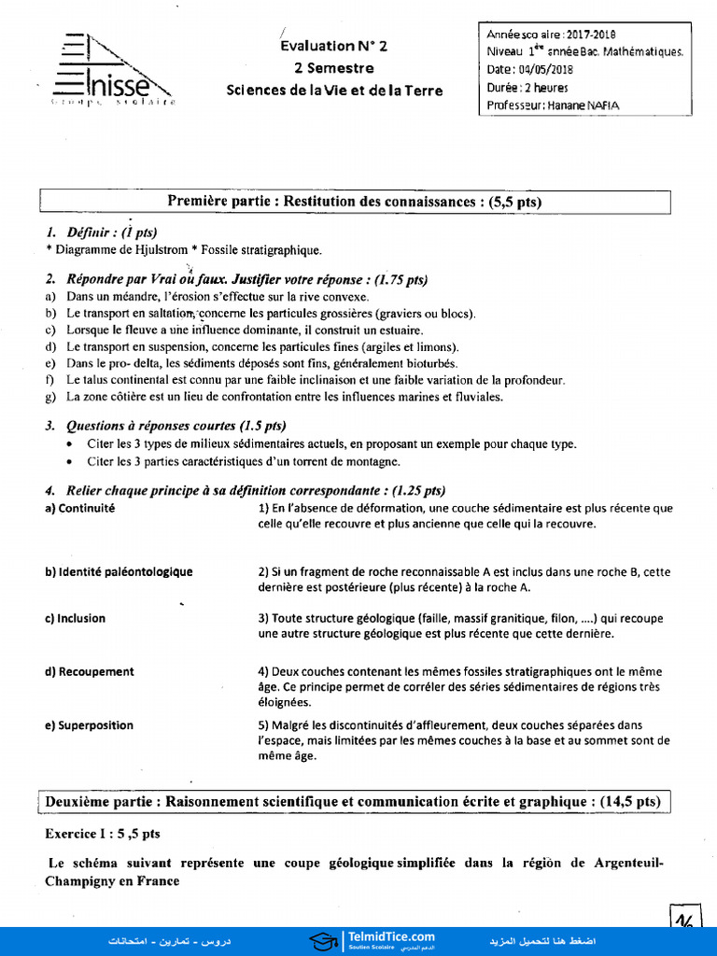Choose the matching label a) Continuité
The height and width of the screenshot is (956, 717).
pos(79,509)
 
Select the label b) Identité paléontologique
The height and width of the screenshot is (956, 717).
pos(119,571)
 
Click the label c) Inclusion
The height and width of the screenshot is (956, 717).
pos(75,618)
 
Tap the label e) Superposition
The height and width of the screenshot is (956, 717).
pos(89,725)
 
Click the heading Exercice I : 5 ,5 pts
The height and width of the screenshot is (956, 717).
pos(103,833)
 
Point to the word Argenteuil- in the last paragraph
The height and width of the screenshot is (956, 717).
pos(628,863)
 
